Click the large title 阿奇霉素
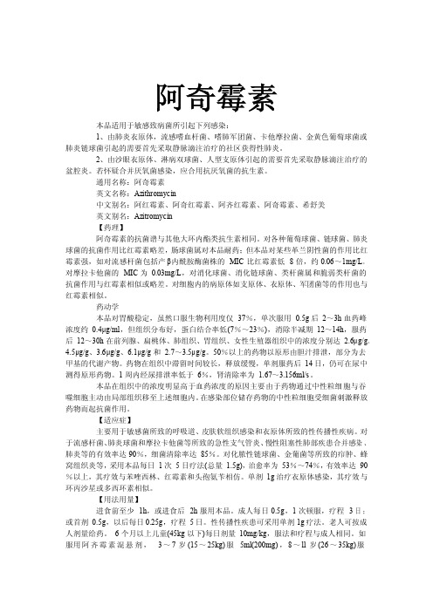coord(216,92)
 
